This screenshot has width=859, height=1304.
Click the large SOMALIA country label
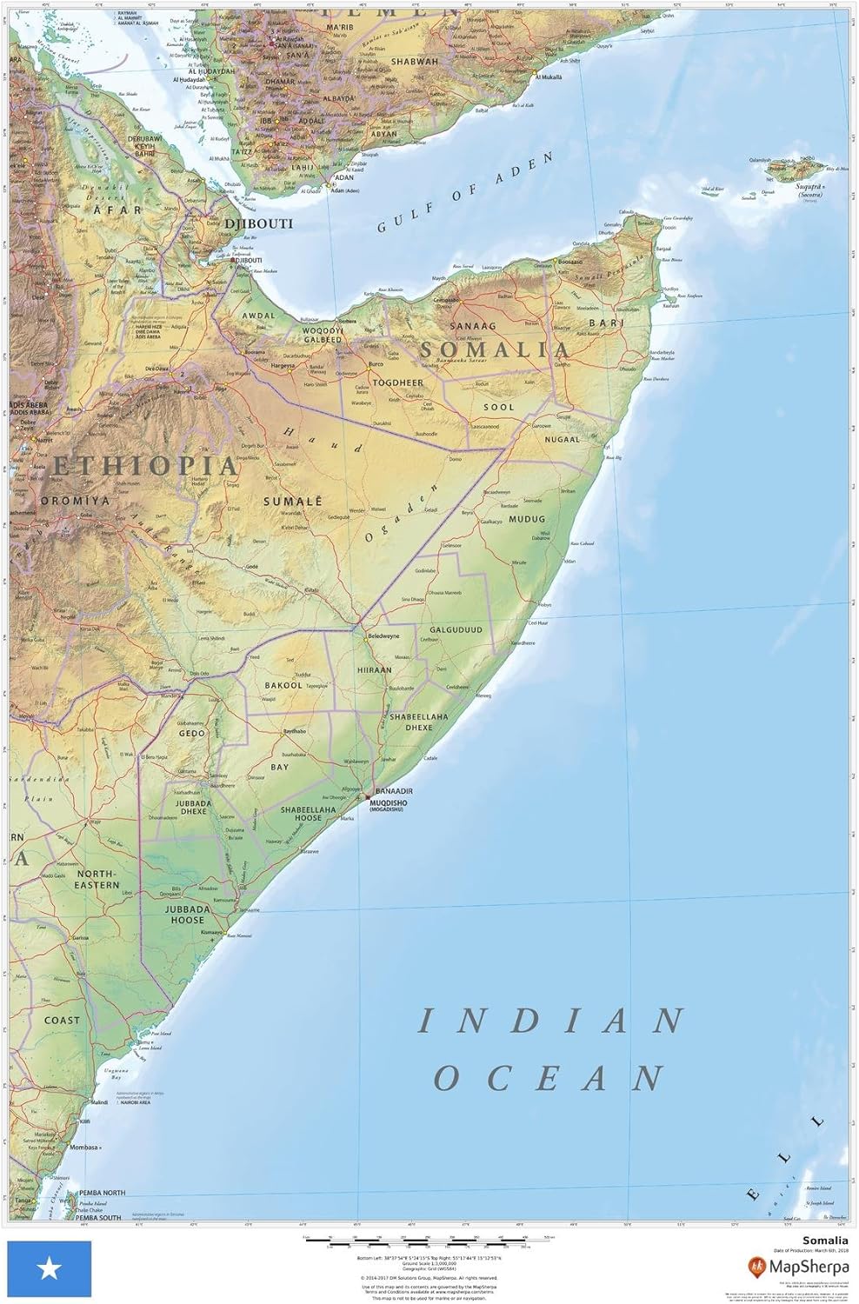click(x=495, y=349)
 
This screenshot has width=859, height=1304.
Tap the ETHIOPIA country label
click(x=144, y=465)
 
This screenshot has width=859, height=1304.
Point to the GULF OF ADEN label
click(x=465, y=193)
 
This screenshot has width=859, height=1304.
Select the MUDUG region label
click(x=527, y=519)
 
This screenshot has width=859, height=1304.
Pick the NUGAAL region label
click(x=562, y=440)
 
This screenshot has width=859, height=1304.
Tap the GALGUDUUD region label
click(x=455, y=630)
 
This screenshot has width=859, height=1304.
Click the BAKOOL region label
click(x=283, y=686)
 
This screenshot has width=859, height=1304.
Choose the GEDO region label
click(x=192, y=734)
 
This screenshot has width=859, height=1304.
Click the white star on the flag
click(x=48, y=1270)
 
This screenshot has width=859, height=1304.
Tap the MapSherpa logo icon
click(x=757, y=1265)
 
